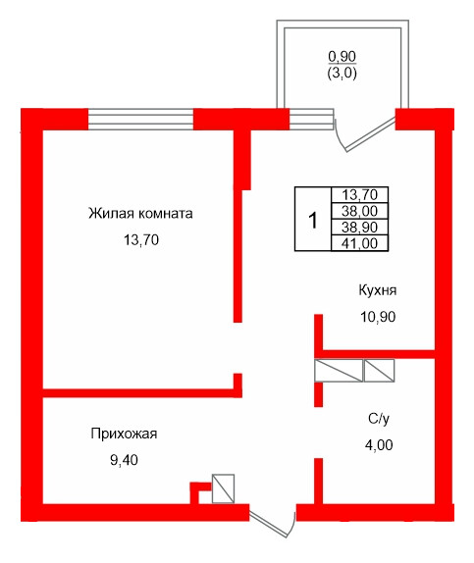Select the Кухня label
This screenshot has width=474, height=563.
378,291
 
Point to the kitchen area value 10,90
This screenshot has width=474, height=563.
378,317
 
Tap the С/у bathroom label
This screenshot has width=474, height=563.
379,419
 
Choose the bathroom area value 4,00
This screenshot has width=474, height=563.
379,444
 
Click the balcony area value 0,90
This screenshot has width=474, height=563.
342,56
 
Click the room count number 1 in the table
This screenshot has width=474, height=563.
312,220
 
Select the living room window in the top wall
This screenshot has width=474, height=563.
140,119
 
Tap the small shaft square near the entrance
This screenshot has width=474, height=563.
224,487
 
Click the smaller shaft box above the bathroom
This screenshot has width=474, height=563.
378,370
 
